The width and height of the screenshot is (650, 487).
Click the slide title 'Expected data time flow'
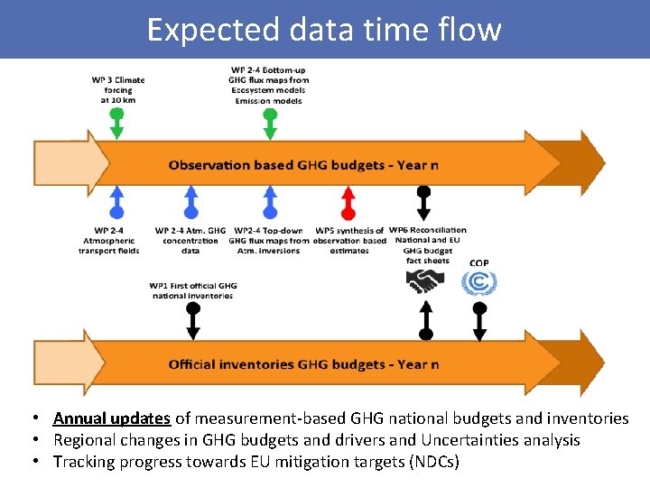coord(324,30)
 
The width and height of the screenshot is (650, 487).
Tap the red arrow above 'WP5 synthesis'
coord(348,204)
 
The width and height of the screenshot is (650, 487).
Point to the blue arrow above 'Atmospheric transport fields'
coord(116,204)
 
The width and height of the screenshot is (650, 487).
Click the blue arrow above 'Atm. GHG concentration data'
coord(190,204)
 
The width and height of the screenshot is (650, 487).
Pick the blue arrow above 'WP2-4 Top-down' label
coord(269,204)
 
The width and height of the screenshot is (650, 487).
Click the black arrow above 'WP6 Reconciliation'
coord(422,204)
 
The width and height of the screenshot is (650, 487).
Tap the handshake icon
coord(424,282)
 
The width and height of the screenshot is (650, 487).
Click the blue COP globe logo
coord(479,283)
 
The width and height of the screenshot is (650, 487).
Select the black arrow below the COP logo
coord(479,321)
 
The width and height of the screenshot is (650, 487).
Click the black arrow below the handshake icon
coord(425,321)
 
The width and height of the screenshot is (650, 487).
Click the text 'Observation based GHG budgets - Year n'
coord(303,165)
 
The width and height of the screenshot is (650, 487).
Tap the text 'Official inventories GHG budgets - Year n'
coord(303,364)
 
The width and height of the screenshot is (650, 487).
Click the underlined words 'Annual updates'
coord(112,418)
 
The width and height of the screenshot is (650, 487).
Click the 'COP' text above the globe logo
coord(479,262)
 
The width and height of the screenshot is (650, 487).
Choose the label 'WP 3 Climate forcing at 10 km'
coord(117,89)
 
